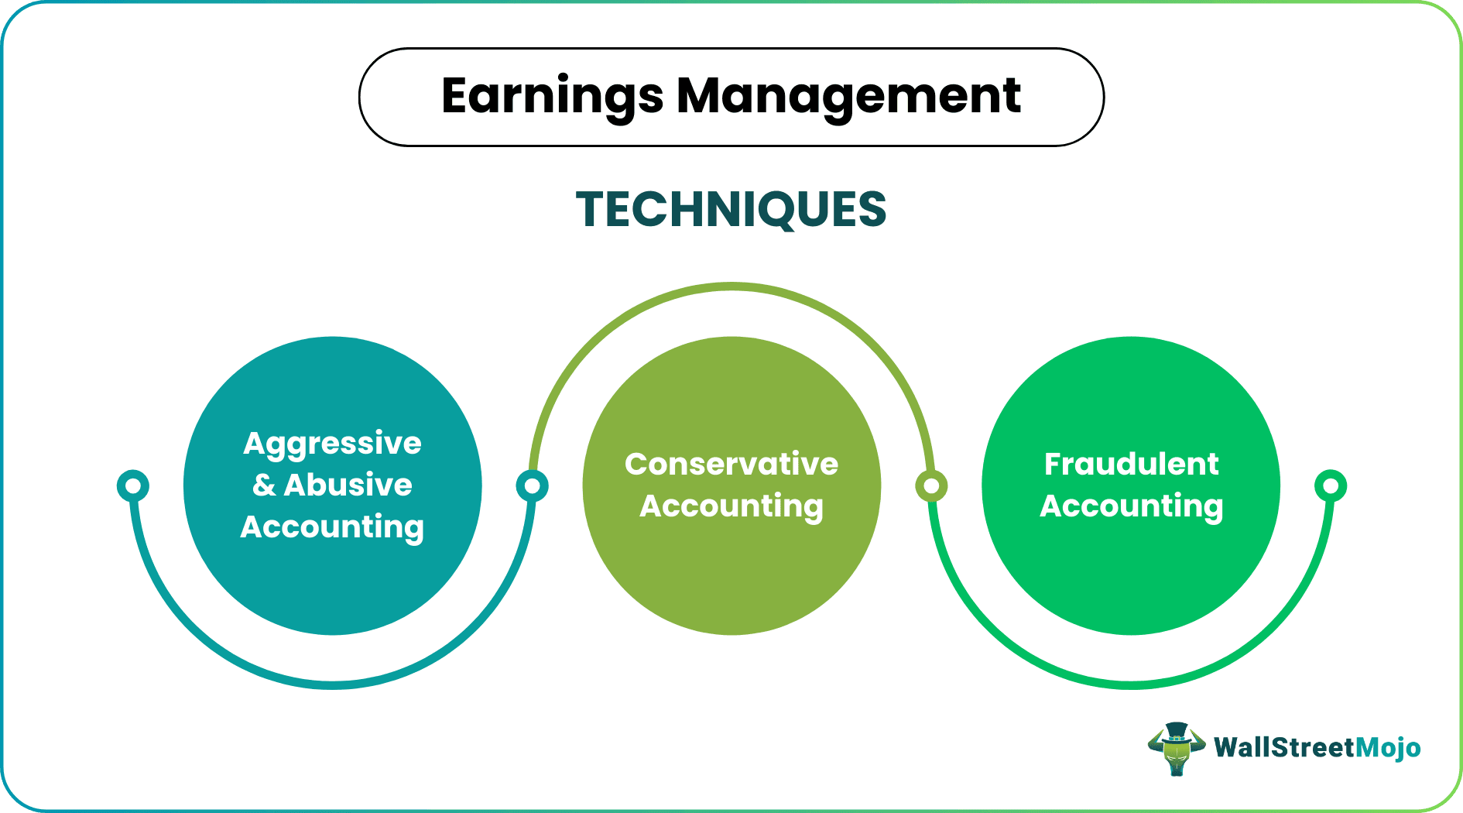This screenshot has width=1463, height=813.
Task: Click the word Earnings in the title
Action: click(x=552, y=97)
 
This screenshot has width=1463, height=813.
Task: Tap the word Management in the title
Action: click(x=848, y=97)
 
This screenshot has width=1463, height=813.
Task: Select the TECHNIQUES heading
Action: click(x=731, y=210)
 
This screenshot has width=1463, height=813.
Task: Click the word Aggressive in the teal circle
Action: click(x=332, y=444)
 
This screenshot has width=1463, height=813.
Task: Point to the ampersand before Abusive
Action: click(x=264, y=485)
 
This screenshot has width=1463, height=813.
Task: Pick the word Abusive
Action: click(x=348, y=485)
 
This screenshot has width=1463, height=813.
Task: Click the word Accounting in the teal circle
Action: click(x=332, y=527)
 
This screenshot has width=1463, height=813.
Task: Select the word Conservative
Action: click(x=731, y=465)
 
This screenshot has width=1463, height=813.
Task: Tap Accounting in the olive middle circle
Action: click(x=731, y=506)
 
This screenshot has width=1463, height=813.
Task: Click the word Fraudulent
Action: click(x=1131, y=465)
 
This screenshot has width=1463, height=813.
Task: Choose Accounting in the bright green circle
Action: click(x=1131, y=506)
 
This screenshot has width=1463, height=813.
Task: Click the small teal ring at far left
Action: click(x=133, y=485)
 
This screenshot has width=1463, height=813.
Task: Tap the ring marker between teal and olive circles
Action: click(x=532, y=485)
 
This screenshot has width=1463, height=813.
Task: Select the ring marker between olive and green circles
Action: click(x=931, y=485)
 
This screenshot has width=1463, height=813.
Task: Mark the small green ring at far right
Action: click(x=1331, y=485)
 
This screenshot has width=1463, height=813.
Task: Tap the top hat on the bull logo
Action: click(x=1177, y=731)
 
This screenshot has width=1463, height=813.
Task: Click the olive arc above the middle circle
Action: click(x=731, y=287)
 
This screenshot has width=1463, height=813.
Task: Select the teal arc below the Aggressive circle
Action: click(x=333, y=684)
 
